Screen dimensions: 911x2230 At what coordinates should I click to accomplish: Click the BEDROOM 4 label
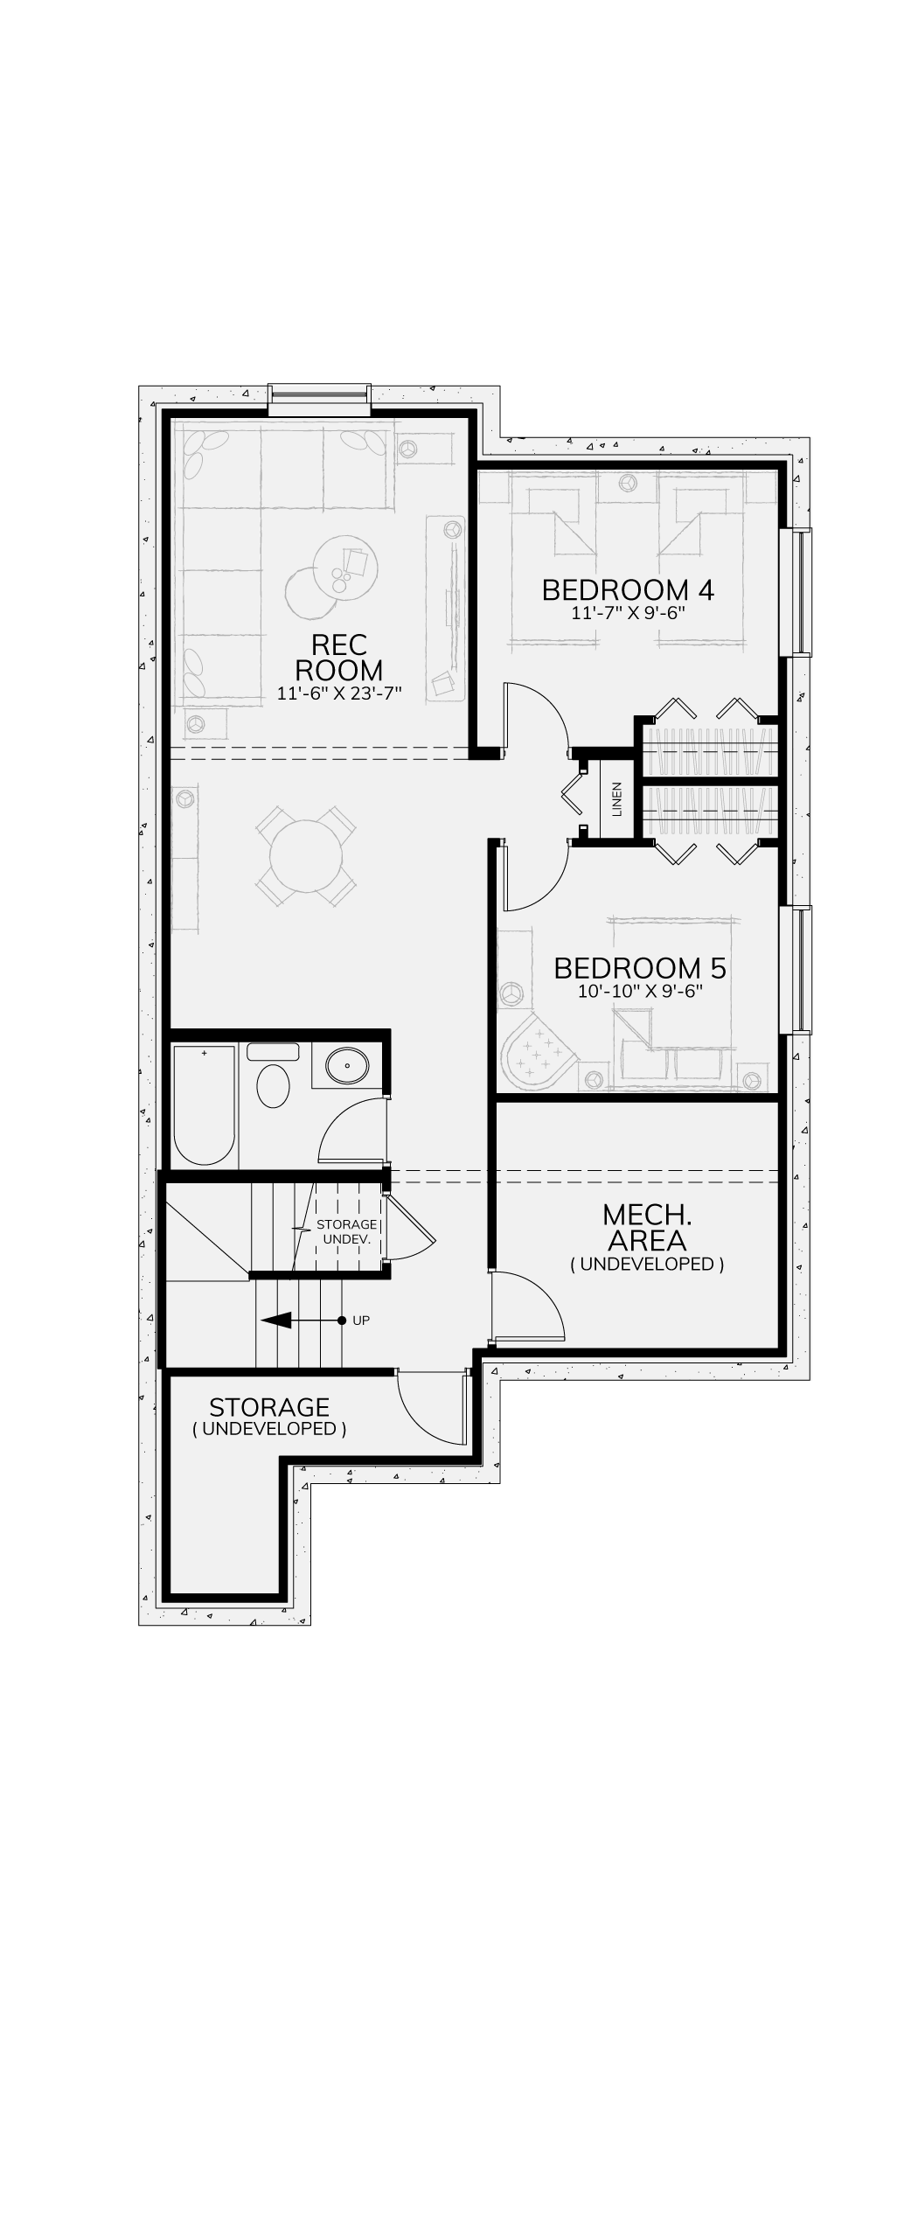[628, 589]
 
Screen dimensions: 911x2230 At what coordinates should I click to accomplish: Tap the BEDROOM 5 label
[640, 968]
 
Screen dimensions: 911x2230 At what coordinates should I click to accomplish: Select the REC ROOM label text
[338, 658]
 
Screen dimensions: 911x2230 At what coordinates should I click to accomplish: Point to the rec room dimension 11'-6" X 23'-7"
[338, 694]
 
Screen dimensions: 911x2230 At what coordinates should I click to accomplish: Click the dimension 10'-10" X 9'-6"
[640, 992]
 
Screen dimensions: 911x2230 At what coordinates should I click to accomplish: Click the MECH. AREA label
[647, 1227]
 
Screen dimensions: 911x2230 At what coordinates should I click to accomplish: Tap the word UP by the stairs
[361, 1321]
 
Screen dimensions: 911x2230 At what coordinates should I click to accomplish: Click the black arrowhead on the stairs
[275, 1321]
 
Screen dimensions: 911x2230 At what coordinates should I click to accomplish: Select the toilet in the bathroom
[273, 1077]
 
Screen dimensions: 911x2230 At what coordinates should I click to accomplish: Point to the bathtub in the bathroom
[204, 1105]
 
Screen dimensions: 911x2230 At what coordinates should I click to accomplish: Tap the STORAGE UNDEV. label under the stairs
[347, 1232]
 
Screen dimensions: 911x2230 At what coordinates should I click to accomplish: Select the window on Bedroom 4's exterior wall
[796, 591]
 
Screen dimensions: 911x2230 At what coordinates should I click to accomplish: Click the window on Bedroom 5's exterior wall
[796, 969]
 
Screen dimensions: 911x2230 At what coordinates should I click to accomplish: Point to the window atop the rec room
[319, 400]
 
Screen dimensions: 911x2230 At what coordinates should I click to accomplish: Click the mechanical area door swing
[528, 1307]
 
